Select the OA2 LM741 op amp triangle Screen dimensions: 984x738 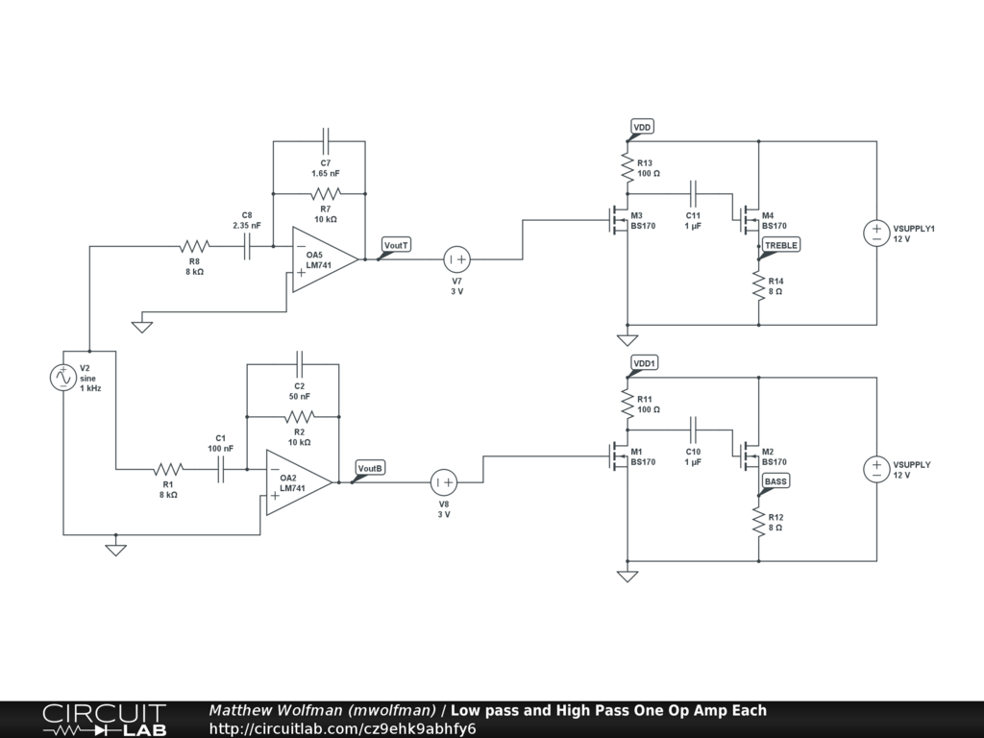tap(299, 482)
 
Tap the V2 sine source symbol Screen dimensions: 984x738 tap(62, 377)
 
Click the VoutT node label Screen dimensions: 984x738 tap(396, 245)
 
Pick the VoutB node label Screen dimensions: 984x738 tap(370, 468)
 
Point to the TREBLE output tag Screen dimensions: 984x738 tap(781, 245)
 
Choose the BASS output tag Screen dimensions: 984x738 tap(775, 481)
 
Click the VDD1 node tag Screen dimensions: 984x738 tap(645, 363)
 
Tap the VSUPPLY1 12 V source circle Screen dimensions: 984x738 tap(876, 233)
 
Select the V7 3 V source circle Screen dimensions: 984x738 tap(456, 259)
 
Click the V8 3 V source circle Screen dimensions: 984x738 tap(444, 482)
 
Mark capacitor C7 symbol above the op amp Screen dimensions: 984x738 tap(325, 141)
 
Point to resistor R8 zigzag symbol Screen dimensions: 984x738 tap(194, 246)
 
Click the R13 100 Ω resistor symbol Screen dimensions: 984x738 tap(627, 167)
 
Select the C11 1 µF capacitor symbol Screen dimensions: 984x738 tap(693, 194)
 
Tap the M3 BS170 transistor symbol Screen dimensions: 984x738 tap(618, 220)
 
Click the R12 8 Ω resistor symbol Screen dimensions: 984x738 tap(759, 522)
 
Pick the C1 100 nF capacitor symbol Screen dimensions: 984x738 tap(220, 469)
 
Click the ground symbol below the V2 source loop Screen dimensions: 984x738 tap(115, 549)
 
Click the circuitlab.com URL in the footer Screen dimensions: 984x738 tap(343, 728)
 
